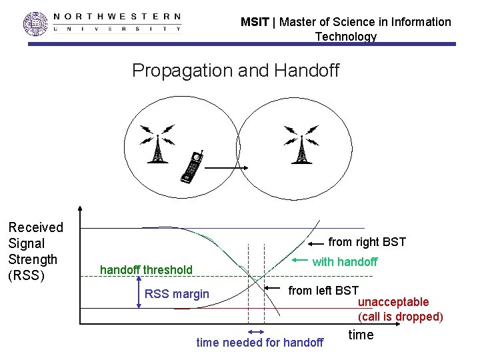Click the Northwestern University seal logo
point(36,24)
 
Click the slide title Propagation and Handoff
point(235,70)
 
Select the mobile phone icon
point(192,167)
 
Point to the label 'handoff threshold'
point(146,270)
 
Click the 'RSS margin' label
point(177,294)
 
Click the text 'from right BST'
point(367,242)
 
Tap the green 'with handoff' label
point(345,262)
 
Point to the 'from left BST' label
point(323,290)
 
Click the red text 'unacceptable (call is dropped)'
point(400,309)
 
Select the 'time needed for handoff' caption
point(260,343)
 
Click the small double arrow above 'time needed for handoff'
point(256,331)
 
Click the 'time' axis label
point(361,335)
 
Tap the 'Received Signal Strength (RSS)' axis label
point(35,251)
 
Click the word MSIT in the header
point(255,22)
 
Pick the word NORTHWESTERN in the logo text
point(116,16)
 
